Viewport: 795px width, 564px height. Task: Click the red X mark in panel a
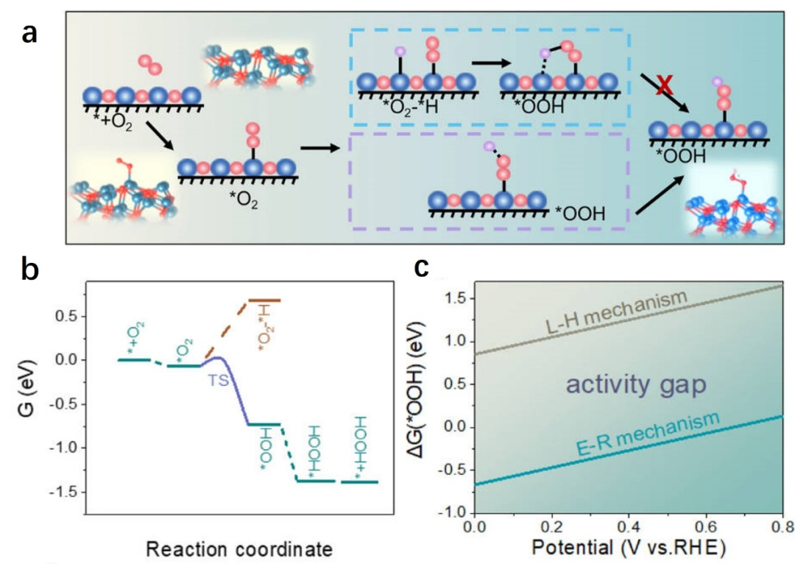664,86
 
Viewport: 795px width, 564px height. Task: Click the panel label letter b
31,270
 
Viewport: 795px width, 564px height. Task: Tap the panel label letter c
421,267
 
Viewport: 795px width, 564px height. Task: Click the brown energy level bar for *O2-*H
264,300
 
